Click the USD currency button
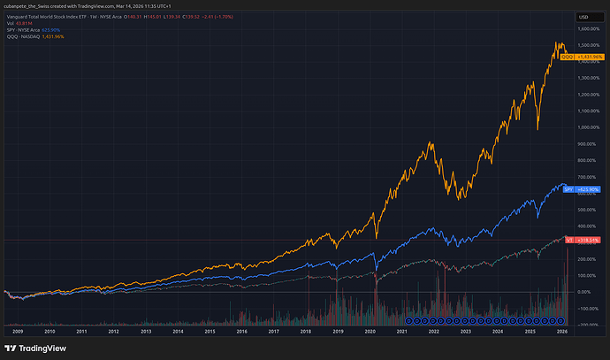pyautogui.click(x=584, y=17)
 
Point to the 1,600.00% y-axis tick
pyautogui.click(x=589, y=29)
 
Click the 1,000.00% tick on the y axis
pyautogui.click(x=589, y=127)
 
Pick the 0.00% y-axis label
pyautogui.click(x=586, y=292)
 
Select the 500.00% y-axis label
pyautogui.click(x=587, y=210)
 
